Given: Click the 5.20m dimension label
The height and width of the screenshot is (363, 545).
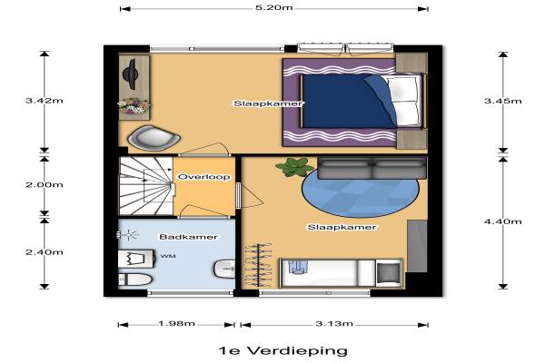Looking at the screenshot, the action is pyautogui.click(x=274, y=7).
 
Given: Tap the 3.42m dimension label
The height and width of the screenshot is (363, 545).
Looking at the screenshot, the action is pyautogui.click(x=45, y=101).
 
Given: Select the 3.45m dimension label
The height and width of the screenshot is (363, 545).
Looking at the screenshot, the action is pyautogui.click(x=503, y=101).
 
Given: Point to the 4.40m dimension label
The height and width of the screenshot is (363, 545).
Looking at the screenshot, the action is pyautogui.click(x=503, y=221).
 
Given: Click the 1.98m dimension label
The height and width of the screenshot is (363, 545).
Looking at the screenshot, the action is pyautogui.click(x=176, y=324).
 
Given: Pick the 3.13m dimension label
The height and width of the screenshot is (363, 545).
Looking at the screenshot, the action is pyautogui.click(x=334, y=324).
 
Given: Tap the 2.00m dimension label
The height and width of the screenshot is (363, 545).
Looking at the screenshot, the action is pyautogui.click(x=45, y=184).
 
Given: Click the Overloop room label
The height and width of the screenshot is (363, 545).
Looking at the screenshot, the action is pyautogui.click(x=204, y=177).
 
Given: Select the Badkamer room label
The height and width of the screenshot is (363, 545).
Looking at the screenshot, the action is pyautogui.click(x=188, y=237).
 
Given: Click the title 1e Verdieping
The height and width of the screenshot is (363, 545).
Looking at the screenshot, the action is pyautogui.click(x=283, y=350).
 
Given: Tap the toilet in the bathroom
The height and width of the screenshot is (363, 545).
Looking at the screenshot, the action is pyautogui.click(x=134, y=280).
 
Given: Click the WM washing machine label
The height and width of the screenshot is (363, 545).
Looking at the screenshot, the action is pyautogui.click(x=168, y=256).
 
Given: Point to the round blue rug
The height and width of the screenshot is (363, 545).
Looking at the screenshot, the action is pyautogui.click(x=361, y=192).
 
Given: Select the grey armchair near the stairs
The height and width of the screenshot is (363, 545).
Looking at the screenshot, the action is pyautogui.click(x=154, y=138).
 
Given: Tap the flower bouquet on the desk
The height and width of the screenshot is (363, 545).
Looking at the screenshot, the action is pyautogui.click(x=134, y=106).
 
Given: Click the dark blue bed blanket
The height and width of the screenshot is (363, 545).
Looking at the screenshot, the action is pyautogui.click(x=348, y=102).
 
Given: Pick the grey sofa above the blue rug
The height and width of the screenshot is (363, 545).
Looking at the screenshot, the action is pyautogui.click(x=372, y=169).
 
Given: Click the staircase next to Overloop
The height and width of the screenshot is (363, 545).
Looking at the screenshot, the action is pyautogui.click(x=146, y=186).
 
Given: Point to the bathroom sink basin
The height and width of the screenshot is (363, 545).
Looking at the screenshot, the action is pyautogui.click(x=223, y=270).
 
